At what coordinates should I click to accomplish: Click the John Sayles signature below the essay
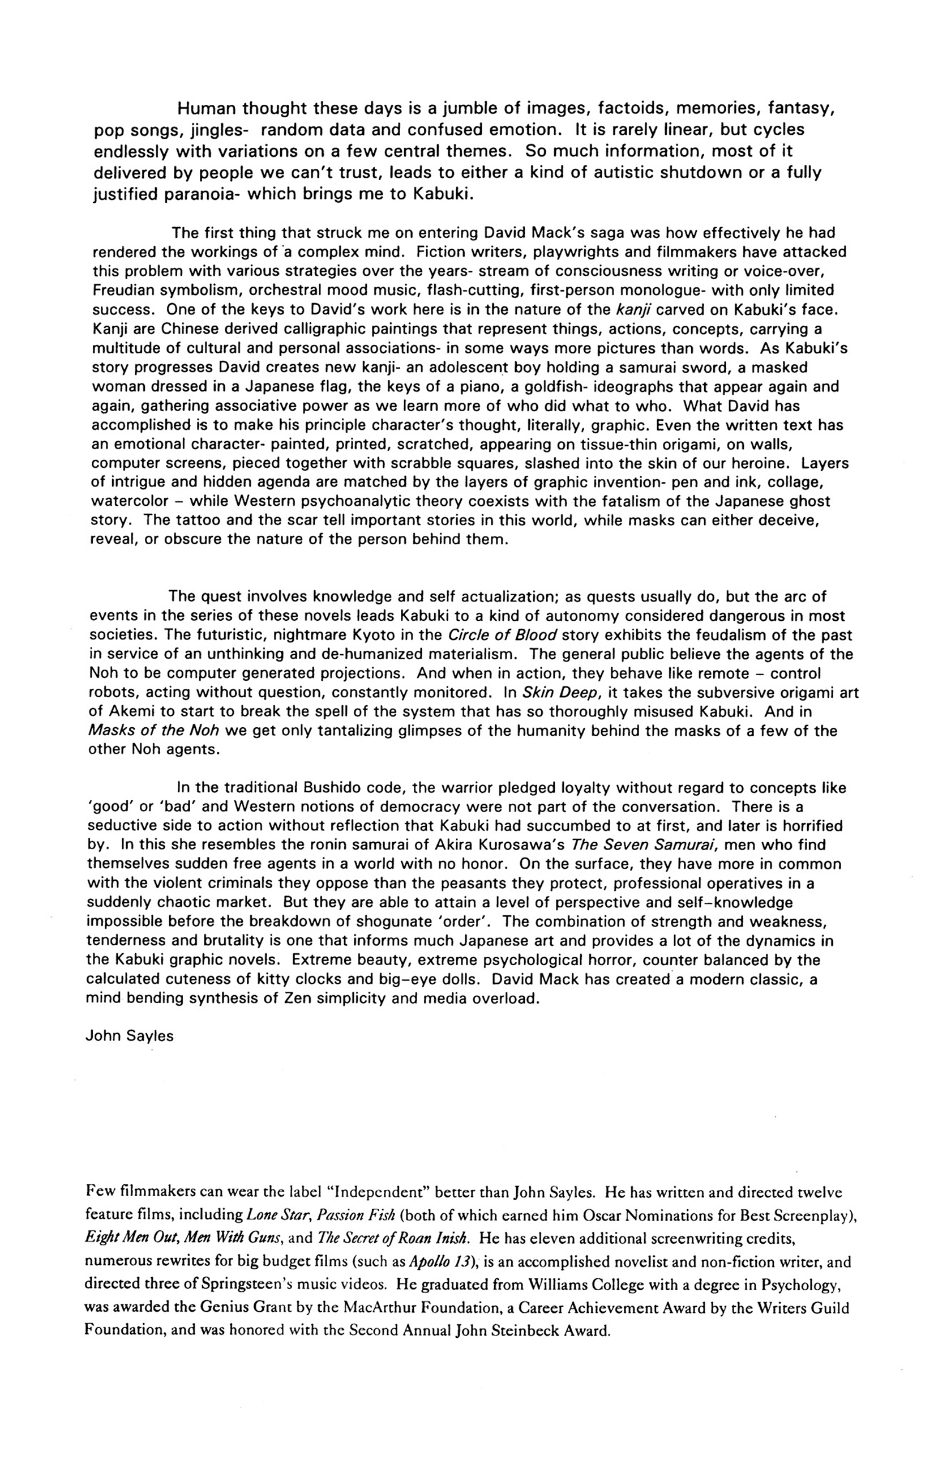click(x=129, y=1036)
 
